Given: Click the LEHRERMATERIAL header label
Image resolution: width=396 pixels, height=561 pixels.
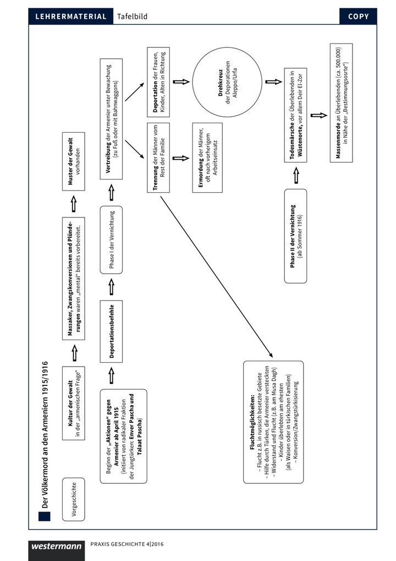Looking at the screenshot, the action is tap(71, 17).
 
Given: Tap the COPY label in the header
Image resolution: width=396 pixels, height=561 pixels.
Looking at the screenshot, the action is tap(358, 17).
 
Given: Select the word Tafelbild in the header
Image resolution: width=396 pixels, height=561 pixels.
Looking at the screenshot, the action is tap(132, 17).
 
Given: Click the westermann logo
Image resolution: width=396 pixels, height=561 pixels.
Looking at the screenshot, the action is tap(57, 546).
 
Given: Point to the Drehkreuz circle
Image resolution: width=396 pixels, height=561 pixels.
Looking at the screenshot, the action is tap(227, 82).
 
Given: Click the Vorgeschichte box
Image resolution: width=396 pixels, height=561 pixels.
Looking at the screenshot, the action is tap(74, 499).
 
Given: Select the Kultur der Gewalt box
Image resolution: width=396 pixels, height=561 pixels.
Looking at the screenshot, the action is tap(74, 403).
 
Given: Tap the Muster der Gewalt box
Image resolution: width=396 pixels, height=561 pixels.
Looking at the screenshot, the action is tap(74, 161).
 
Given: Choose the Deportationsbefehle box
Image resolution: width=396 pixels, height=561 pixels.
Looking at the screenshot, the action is tap(111, 331).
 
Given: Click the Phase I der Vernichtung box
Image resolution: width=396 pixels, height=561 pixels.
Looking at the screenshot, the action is tap(111, 239).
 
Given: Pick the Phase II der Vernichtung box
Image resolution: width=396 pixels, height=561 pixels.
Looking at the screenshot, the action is tap(295, 236).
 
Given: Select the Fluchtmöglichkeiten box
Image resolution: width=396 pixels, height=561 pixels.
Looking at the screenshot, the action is tap(273, 422).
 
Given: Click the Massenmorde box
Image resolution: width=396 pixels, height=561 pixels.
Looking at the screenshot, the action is tap(341, 103).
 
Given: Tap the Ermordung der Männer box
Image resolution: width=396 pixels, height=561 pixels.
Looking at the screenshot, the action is tap(207, 158).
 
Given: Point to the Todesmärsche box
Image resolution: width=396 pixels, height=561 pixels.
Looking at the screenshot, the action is tap(295, 115).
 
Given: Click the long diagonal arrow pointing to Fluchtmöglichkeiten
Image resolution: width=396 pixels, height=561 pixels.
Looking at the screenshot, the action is tap(217, 276).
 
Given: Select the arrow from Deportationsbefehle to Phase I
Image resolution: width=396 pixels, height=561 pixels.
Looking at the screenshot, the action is tap(111, 287).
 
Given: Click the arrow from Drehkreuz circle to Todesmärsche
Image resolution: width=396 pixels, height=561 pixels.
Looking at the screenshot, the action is tap(273, 82).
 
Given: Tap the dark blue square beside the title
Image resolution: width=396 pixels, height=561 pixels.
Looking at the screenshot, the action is tap(45, 516).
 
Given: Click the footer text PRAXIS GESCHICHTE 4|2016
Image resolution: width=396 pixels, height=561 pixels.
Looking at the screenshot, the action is tap(127, 544).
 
